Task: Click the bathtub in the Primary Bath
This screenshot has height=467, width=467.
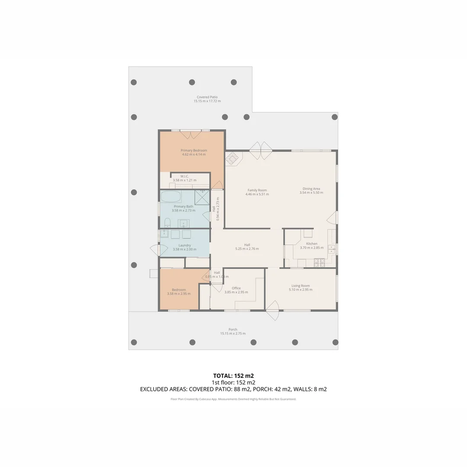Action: (x=171, y=197)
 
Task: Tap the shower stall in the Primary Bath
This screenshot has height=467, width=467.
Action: (x=202, y=197)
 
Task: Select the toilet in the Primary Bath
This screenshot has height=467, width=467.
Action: (x=167, y=223)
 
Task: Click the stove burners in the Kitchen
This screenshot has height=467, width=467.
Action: (x=319, y=262)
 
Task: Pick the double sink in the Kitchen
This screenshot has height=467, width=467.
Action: (x=331, y=249)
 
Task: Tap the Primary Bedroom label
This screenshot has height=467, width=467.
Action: (x=194, y=150)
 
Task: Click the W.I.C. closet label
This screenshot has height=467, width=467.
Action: (x=184, y=176)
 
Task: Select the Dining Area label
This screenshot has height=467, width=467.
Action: (x=311, y=189)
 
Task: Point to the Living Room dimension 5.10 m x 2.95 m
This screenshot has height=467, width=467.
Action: (x=301, y=290)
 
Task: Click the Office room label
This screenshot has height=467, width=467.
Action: (x=236, y=288)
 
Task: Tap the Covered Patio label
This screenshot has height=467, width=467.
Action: (x=207, y=97)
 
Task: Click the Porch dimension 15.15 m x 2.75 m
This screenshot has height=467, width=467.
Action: (x=233, y=333)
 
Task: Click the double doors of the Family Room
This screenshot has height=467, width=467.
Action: (x=260, y=151)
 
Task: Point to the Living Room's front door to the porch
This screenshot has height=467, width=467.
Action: (x=272, y=310)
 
